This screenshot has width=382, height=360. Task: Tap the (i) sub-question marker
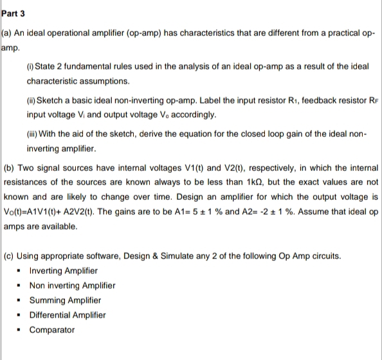click(x=32, y=69)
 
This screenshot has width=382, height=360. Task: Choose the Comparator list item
click(x=52, y=330)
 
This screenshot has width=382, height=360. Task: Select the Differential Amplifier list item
click(x=68, y=315)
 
